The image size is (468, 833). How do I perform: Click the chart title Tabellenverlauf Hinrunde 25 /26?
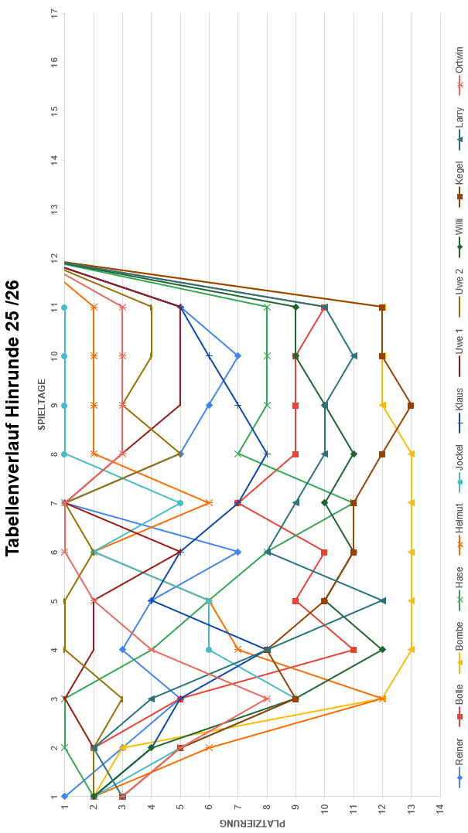[12, 417]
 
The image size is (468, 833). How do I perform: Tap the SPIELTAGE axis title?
[43, 403]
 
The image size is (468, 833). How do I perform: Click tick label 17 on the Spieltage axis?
[54, 13]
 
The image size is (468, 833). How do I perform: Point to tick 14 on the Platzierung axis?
[440, 809]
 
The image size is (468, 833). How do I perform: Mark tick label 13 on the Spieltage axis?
[54, 209]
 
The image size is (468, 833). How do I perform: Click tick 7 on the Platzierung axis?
[238, 809]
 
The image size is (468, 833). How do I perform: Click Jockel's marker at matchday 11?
[64, 307]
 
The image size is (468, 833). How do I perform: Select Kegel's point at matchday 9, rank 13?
[411, 405]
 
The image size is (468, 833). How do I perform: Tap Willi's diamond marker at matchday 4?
[382, 649]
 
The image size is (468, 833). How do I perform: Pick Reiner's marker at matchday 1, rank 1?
[64, 796]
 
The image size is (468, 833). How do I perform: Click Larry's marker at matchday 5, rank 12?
[382, 600]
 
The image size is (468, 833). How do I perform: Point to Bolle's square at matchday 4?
[354, 649]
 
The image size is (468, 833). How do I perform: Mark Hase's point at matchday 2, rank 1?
[64, 747]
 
